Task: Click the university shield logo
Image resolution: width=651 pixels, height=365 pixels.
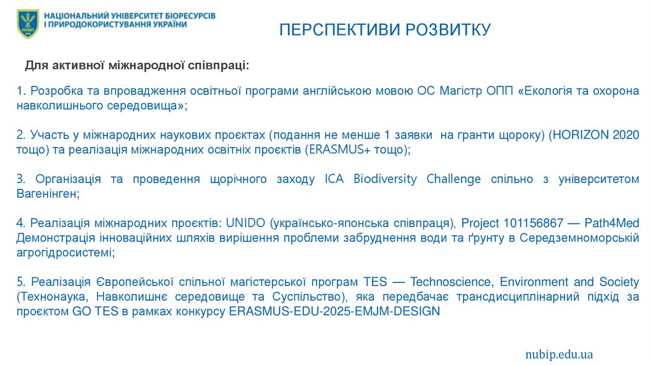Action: [27, 24]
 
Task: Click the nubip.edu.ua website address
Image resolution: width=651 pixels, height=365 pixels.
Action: [559, 354]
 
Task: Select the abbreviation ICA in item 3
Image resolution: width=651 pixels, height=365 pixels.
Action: [336, 179]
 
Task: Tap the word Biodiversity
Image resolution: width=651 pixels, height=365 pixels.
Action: [385, 179]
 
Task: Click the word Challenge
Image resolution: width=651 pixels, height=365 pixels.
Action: [453, 179]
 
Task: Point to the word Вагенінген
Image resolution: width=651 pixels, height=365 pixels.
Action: [47, 194]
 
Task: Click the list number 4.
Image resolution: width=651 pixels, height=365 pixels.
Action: [20, 223]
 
